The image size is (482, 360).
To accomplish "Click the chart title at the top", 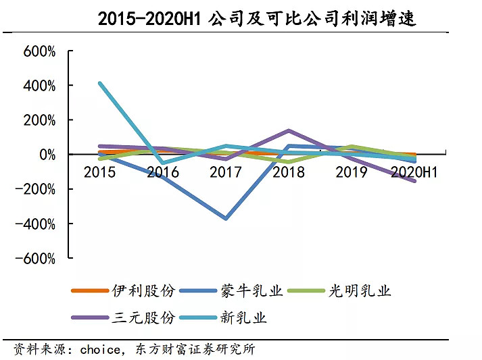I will [x=256, y=18].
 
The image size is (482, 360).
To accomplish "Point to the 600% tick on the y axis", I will [x=41, y=52].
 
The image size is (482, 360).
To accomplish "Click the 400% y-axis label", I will [x=41, y=86].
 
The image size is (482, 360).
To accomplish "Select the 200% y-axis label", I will [x=41, y=121].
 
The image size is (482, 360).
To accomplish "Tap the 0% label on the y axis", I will [x=47, y=155].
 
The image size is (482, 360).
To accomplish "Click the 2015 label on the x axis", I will [x=99, y=172].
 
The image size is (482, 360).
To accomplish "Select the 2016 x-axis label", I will [x=163, y=172].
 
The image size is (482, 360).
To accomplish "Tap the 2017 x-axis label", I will [x=226, y=172].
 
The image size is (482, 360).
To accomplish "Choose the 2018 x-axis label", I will [x=289, y=172].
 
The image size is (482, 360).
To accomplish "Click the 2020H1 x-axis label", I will [x=414, y=172].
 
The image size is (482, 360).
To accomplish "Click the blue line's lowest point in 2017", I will [x=226, y=218].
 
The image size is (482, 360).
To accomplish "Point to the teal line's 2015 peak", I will [x=100, y=83].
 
